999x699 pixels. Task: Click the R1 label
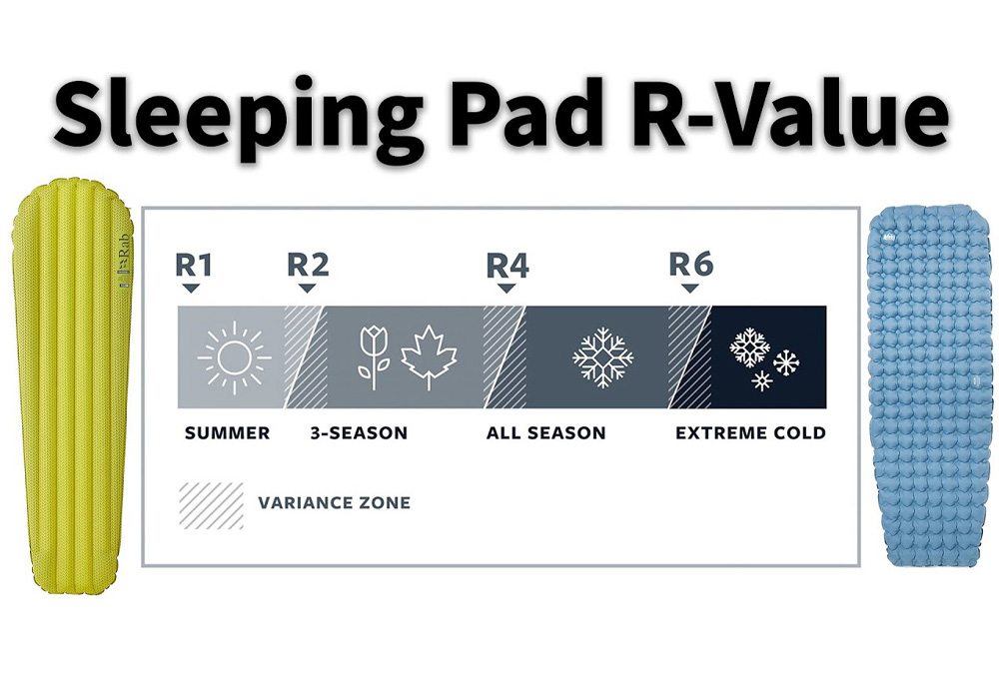click(193, 265)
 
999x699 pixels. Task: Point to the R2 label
click(308, 265)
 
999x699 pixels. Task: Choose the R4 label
click(507, 265)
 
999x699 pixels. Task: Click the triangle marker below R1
click(192, 288)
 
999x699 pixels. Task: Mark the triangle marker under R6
click(689, 288)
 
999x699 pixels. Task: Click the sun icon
click(234, 356)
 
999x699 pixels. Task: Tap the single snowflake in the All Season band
click(602, 356)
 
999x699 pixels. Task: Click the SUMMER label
click(228, 433)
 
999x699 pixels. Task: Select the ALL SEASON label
click(545, 433)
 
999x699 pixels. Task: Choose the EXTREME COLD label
click(750, 433)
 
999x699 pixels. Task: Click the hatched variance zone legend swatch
click(211, 504)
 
